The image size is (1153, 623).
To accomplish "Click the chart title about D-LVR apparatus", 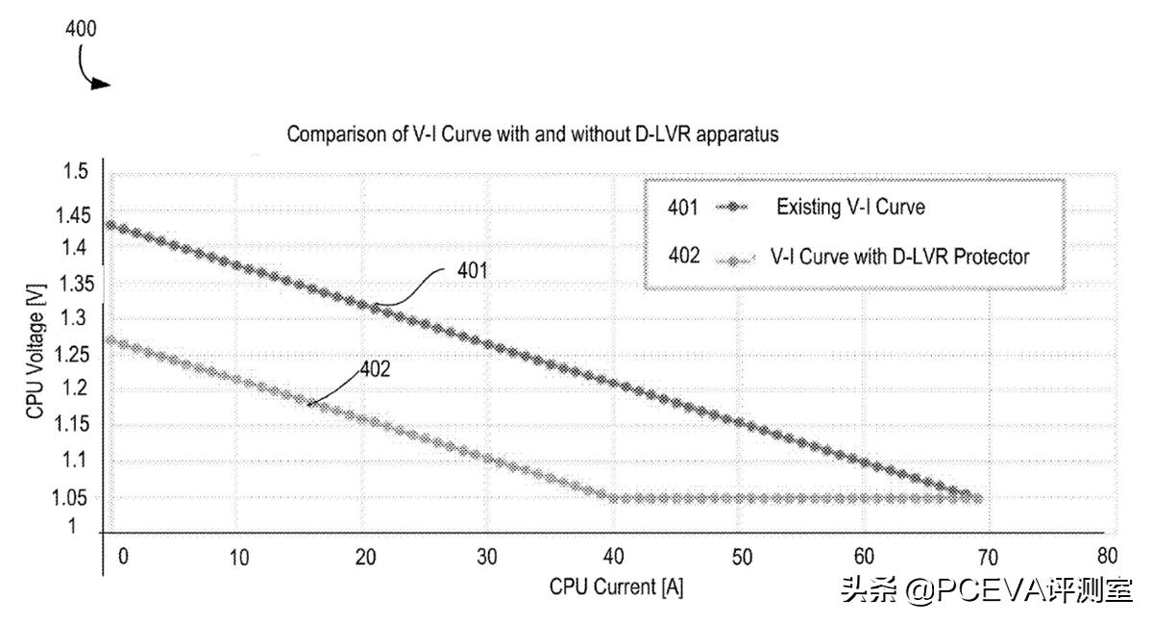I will [532, 136].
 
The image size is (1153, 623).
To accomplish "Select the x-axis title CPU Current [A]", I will [616, 586].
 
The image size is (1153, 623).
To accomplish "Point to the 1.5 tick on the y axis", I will [77, 172].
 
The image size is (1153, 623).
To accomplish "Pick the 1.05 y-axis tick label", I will [71, 498].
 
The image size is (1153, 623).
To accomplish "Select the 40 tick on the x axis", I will [614, 556].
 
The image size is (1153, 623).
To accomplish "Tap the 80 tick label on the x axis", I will [1107, 556].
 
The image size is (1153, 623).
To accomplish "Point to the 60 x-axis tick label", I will [864, 556].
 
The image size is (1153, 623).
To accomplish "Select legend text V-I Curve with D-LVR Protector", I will [899, 258].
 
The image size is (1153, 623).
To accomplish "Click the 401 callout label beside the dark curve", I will [471, 271].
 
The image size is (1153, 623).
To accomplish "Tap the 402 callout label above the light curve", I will [375, 369].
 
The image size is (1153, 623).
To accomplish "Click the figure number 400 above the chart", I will [81, 29].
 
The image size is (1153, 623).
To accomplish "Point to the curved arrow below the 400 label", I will [93, 70].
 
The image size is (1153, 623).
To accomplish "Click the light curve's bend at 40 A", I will [612, 498].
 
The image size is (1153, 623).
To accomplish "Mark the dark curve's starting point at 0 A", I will [110, 226].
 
